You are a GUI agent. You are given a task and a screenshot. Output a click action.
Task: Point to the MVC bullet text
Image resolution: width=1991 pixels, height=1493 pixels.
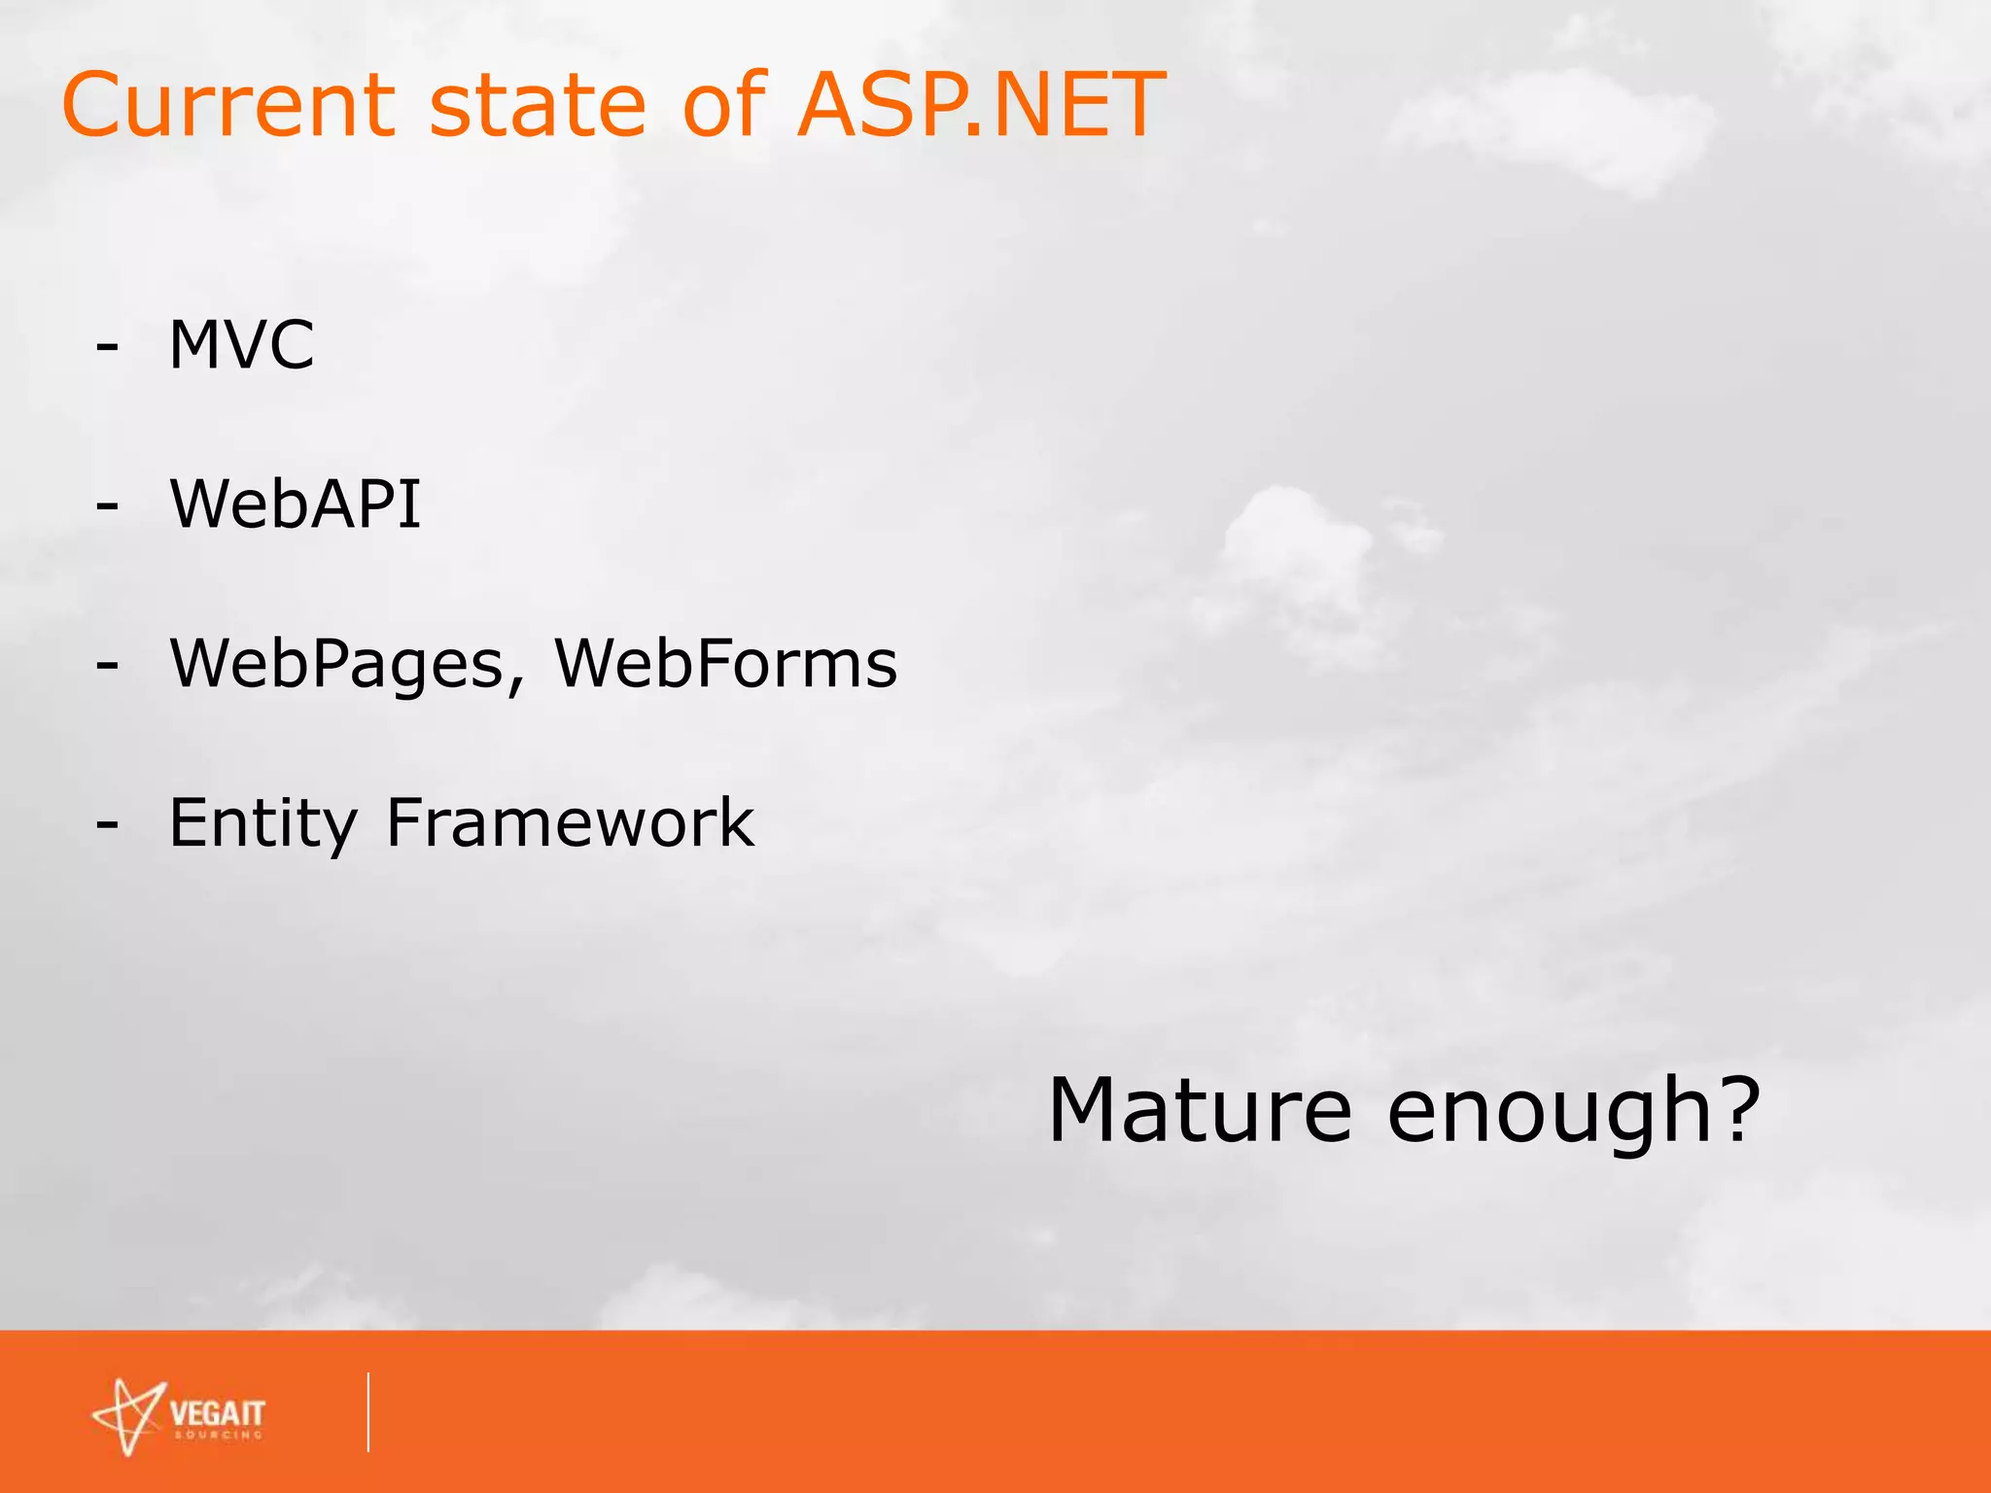pyautogui.click(x=241, y=345)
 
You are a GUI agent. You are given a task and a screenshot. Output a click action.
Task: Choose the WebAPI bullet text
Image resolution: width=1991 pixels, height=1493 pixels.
pyautogui.click(x=296, y=504)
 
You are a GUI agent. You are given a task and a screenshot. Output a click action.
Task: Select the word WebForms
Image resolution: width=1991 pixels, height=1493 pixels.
pyautogui.click(x=725, y=664)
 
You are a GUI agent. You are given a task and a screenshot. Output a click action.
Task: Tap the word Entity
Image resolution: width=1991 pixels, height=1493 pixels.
pyautogui.click(x=263, y=824)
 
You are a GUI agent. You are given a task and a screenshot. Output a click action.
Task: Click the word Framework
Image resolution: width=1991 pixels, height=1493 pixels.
pyautogui.click(x=570, y=823)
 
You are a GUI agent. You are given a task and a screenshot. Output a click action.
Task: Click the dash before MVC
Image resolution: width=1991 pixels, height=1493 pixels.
pyautogui.click(x=107, y=347)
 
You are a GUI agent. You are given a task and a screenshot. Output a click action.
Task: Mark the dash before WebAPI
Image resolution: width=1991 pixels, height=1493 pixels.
pyautogui.click(x=107, y=506)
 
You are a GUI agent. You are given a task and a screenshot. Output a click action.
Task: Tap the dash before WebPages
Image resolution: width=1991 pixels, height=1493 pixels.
pyautogui.click(x=107, y=666)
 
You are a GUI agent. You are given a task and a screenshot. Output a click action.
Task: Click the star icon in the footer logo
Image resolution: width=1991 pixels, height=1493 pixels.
pyautogui.click(x=128, y=1416)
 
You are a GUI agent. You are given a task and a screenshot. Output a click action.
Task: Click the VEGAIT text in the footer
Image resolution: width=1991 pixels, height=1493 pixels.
pyautogui.click(x=217, y=1412)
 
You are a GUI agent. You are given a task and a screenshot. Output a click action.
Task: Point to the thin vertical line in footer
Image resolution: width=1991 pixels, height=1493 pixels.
pyautogui.click(x=368, y=1412)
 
